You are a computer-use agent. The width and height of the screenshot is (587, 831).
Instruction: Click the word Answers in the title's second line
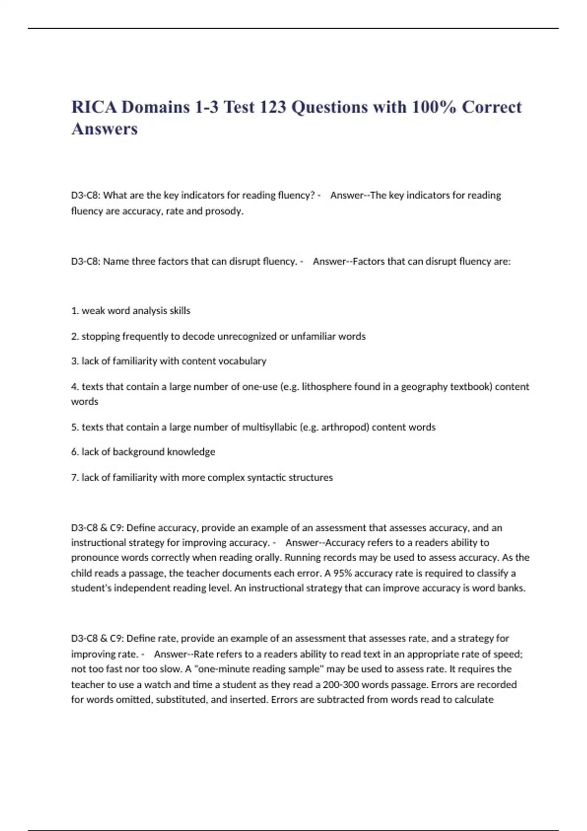click(x=105, y=129)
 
